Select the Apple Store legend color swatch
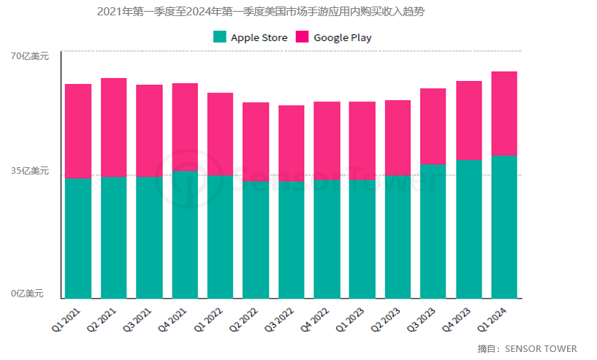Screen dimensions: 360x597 [219, 37]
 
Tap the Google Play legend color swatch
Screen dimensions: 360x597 [302, 37]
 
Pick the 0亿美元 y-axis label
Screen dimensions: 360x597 [27, 294]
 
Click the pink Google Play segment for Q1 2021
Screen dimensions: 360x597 [78, 131]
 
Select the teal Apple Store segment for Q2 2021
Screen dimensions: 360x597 [113, 237]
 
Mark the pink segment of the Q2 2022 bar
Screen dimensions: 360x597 [256, 141]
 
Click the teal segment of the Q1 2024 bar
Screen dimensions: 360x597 [504, 227]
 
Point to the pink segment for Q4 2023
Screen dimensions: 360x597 [468, 120]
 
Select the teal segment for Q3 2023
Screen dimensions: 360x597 [433, 231]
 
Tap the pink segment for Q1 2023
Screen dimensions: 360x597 [362, 140]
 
